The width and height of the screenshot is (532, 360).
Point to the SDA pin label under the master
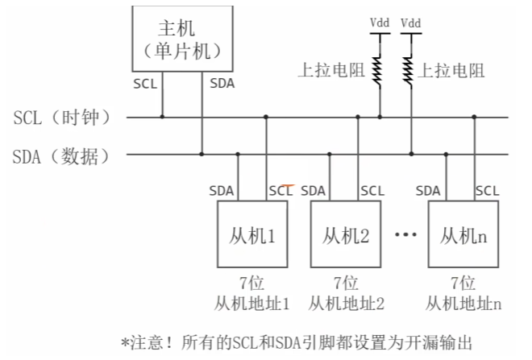(222, 82)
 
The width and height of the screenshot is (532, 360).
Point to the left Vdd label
(380, 23)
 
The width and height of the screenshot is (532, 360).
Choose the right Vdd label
(410, 23)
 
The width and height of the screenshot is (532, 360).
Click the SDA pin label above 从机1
(222, 191)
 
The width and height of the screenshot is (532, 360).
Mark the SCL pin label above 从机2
(372, 191)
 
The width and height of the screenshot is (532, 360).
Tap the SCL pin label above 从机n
(487, 191)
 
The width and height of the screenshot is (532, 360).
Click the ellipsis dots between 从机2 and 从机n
(405, 236)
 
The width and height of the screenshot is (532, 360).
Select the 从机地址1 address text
(252, 304)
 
